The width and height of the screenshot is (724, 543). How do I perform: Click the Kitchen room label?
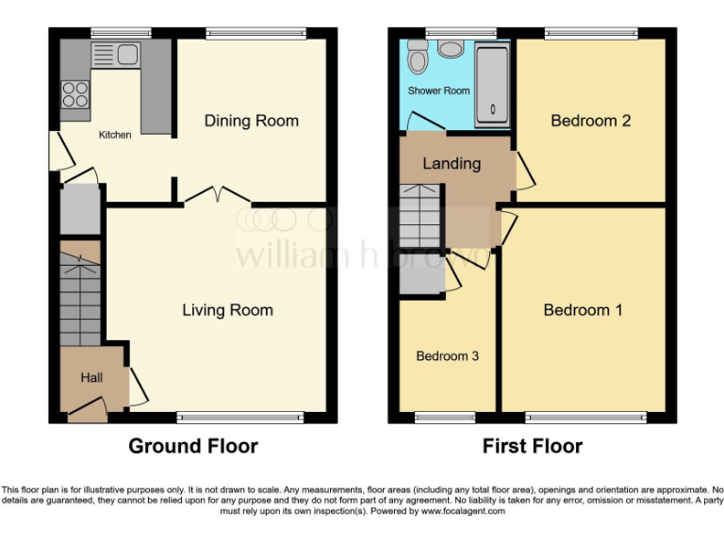115,135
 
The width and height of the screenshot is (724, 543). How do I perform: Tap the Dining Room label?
252,121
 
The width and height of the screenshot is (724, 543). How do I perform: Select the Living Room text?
227,310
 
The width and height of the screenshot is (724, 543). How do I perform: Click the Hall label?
91,377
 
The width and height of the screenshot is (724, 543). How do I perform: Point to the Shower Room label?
438,91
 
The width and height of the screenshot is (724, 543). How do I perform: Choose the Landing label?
451,163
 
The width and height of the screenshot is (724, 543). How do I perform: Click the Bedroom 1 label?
583,310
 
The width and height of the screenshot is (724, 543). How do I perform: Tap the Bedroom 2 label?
590,121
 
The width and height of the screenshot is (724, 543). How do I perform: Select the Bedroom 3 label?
448,356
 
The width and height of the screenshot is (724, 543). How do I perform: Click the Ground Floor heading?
193,446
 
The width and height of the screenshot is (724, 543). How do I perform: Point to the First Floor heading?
533,446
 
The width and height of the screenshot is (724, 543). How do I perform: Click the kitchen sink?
117,54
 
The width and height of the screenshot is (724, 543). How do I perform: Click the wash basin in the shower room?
451,48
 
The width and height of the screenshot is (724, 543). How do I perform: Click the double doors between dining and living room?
218,196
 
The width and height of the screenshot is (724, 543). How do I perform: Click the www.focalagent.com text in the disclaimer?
463,511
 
